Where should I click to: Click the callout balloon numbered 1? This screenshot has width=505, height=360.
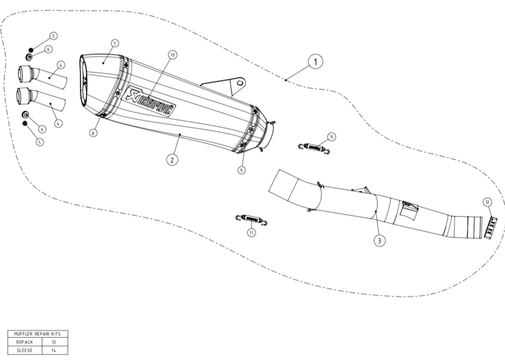tap(315, 62)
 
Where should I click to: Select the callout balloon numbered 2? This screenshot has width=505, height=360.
tap(172, 159)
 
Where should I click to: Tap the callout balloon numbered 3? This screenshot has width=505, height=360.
tap(379, 240)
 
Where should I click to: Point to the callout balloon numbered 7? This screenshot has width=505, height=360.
tap(114, 43)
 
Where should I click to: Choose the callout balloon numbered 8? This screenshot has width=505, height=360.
tap(93, 132)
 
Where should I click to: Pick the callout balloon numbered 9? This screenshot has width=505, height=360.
tap(242, 170)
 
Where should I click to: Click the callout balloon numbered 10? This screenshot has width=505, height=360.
tap(172, 55)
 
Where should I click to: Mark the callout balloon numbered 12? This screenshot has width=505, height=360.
tap(487, 202)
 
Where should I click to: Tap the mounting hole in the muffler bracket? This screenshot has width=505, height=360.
tap(240, 83)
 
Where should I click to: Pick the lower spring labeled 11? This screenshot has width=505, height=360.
tap(251, 219)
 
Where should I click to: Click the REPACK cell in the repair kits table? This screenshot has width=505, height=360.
tap(25, 342)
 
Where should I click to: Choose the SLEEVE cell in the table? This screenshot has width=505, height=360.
tap(25, 350)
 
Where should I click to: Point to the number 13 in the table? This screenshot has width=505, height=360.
tap(53, 342)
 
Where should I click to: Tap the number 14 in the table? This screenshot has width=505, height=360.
tap(53, 350)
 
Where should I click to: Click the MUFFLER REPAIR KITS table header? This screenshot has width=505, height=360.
tap(37, 334)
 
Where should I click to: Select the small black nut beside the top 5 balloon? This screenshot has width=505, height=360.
tap(31, 50)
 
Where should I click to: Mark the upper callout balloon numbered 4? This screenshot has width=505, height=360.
tap(61, 65)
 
